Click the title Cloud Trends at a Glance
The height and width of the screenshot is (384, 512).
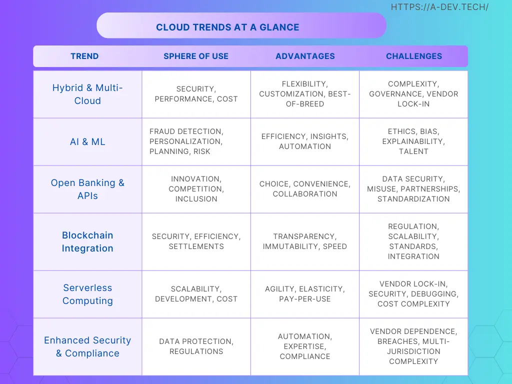227,27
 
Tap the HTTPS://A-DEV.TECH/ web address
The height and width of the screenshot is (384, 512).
439,7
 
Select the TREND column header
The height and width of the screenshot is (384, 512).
84,56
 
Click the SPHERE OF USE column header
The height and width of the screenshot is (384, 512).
196,56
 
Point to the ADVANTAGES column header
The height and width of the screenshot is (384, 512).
305,56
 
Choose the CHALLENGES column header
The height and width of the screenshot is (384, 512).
413,56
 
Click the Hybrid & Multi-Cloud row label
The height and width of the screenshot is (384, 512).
87,94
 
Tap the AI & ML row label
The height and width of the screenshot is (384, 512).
87,141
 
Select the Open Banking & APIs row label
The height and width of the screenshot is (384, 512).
87,189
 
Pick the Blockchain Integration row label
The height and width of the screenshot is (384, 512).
87,241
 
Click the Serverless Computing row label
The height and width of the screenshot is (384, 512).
87,294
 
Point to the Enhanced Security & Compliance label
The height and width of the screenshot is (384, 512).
87,347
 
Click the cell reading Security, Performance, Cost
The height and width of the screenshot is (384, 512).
196,94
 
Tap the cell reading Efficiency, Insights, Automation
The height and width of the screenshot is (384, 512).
305,141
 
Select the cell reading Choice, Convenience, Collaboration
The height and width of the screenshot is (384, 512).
305,188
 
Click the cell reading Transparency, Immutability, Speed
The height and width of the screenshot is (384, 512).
305,241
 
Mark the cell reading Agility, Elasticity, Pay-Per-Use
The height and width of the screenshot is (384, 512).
305,294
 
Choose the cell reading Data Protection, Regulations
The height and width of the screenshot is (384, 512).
196,346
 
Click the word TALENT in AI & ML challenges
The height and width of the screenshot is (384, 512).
413,151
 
